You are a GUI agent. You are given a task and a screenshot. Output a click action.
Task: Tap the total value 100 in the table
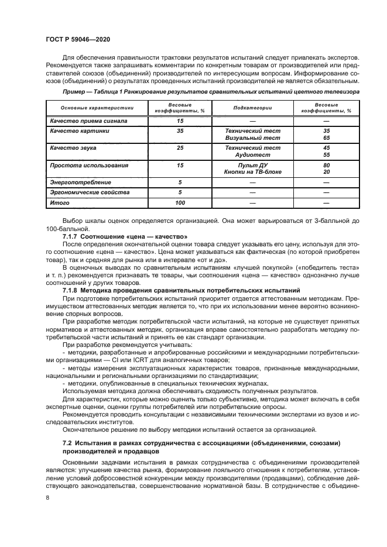pyautogui.click(x=180, y=203)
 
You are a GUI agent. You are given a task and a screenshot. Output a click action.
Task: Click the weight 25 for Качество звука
pyautogui.click(x=180, y=148)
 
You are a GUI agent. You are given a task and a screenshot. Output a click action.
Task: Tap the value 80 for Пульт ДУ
pyautogui.click(x=326, y=166)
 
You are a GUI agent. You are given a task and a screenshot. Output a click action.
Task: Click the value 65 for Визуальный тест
pyautogui.click(x=326, y=138)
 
